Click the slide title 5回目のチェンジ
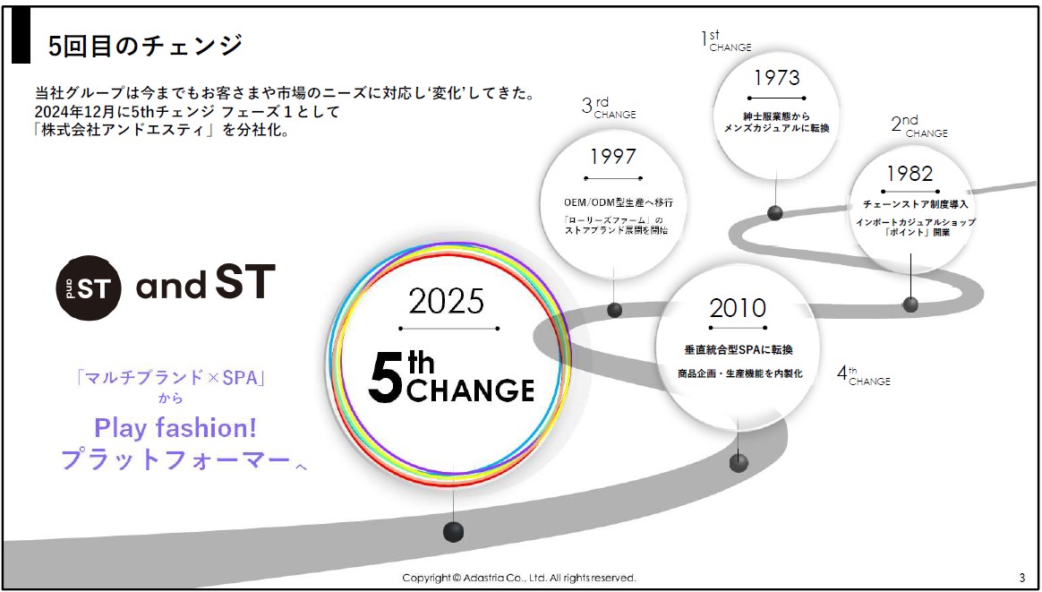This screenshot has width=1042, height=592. click(146, 47)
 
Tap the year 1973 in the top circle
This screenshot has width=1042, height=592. click(776, 77)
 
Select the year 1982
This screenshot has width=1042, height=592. click(910, 174)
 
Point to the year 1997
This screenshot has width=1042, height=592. click(612, 157)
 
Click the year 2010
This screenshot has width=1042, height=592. click(738, 308)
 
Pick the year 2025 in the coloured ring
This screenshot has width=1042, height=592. click(447, 303)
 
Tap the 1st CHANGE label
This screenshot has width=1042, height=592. click(726, 41)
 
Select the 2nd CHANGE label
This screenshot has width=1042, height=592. click(919, 126)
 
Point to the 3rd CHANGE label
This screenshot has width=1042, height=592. click(608, 107)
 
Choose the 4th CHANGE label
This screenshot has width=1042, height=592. click(863, 376)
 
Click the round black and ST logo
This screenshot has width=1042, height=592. click(89, 287)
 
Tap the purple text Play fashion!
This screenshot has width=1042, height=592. click(175, 427)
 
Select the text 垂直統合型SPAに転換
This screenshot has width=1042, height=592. click(738, 349)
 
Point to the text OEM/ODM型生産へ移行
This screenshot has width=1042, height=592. click(612, 202)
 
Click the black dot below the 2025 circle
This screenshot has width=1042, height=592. click(453, 531)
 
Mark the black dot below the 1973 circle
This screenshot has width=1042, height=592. click(775, 213)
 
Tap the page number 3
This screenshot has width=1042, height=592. click(1021, 578)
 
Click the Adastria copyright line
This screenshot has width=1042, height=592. click(519, 578)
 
